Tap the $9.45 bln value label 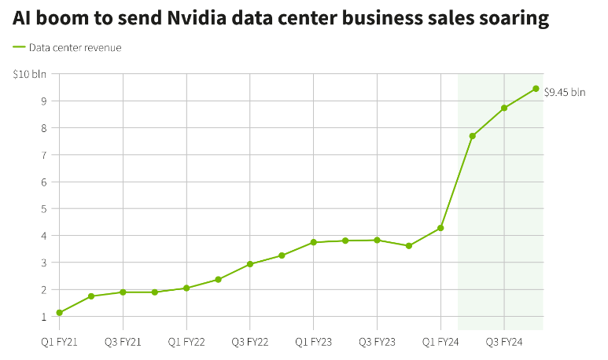click(565, 92)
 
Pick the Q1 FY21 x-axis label click(59, 342)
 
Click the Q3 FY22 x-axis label click(249, 342)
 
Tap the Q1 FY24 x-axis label click(440, 342)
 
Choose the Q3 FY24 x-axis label click(503, 342)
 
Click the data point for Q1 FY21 click(59, 313)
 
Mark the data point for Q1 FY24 click(440, 228)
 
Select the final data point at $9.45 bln click(536, 88)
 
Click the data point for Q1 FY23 click(313, 242)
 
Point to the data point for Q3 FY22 click(249, 264)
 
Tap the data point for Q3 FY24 click(504, 108)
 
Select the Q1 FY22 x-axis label click(186, 342)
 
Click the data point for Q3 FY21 click(123, 292)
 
